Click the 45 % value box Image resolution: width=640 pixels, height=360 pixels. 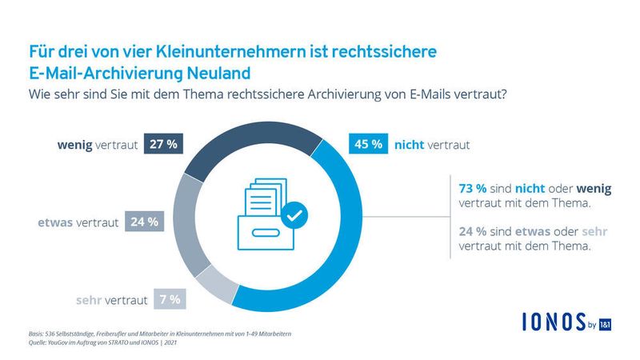click(366, 146)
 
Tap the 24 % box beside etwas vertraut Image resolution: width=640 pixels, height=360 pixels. click(144, 222)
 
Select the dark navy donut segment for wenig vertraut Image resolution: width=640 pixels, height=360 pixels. click(240, 144)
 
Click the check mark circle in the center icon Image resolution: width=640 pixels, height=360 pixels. click(294, 214)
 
